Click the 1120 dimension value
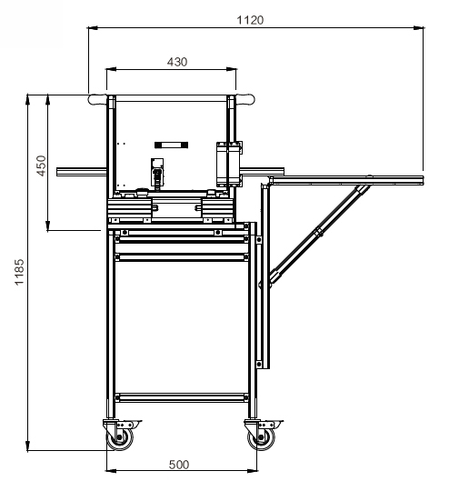(250, 20)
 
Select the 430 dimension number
(177, 62)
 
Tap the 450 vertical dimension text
(41, 165)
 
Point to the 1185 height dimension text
(19, 272)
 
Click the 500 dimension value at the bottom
(179, 465)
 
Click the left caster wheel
(120, 437)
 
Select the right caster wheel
(262, 437)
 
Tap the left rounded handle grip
(97, 100)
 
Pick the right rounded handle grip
(245, 100)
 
